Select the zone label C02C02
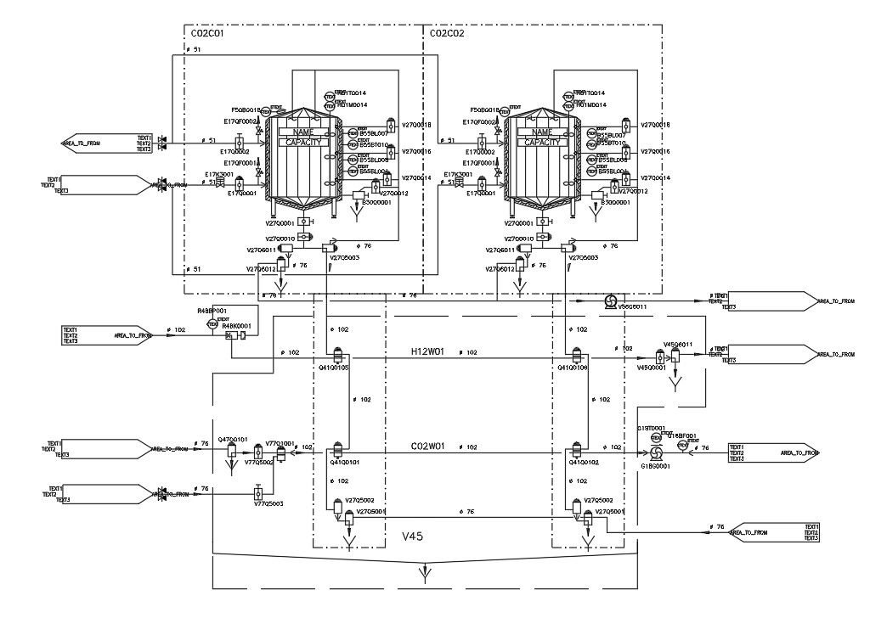(448, 34)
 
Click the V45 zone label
(412, 537)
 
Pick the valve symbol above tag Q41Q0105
(336, 357)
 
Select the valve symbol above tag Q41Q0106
(575, 357)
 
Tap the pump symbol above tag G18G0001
(656, 454)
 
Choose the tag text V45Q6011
(678, 345)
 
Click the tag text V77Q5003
(268, 504)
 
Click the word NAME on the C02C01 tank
(303, 132)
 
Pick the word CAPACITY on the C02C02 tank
(542, 143)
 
